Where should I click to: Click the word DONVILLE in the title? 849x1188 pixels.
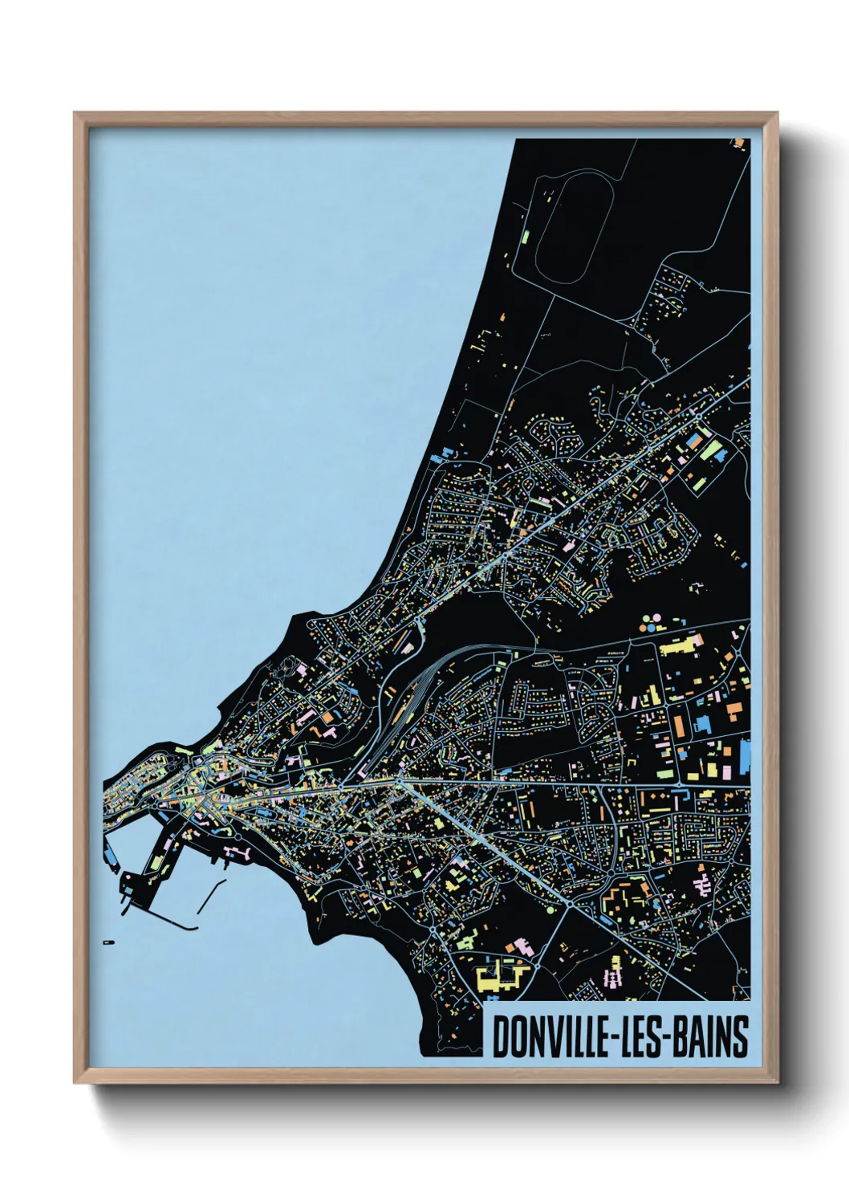coord(548,1036)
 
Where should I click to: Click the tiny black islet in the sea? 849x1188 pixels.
coord(109,941)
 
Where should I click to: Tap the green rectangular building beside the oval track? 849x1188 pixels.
coord(526,238)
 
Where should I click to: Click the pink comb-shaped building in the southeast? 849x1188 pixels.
coord(703,885)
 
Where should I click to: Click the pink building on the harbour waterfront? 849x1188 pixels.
coord(237,849)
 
